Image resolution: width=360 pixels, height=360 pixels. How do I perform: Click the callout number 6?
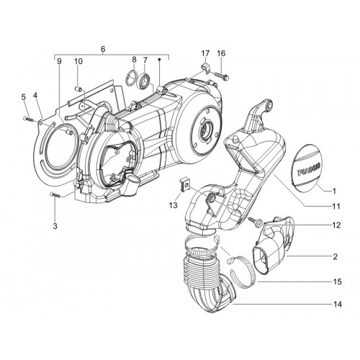[103, 49]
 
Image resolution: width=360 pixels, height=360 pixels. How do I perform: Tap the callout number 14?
[338, 305]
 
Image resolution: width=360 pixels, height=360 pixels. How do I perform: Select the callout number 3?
[55, 226]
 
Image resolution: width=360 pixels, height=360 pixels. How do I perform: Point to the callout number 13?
[174, 205]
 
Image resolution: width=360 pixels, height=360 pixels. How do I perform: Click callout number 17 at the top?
[205, 53]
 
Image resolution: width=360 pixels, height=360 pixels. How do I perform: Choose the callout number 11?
[336, 206]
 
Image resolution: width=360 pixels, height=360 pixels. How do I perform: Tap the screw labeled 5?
[29, 119]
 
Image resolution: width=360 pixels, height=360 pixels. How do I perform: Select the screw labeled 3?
[56, 195]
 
